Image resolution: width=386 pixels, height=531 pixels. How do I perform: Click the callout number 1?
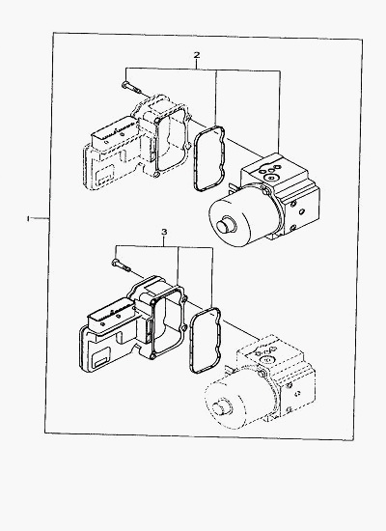28,219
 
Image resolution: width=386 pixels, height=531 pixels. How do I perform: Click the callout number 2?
197,55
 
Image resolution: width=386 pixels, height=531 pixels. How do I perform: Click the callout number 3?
164,232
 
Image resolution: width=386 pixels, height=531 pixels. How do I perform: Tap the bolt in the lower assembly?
121,265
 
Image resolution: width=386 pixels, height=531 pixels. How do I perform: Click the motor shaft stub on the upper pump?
225,226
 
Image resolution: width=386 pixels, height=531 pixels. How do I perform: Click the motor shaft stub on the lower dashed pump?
220,406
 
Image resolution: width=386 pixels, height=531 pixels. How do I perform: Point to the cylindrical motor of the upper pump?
244,214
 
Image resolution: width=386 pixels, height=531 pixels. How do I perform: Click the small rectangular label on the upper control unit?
104,176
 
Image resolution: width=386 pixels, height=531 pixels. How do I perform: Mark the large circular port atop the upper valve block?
271,177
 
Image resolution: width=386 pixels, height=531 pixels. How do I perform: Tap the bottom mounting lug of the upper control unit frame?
155,175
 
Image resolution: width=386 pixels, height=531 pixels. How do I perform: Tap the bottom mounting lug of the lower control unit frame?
152,356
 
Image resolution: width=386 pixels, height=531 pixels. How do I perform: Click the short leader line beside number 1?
41,219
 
